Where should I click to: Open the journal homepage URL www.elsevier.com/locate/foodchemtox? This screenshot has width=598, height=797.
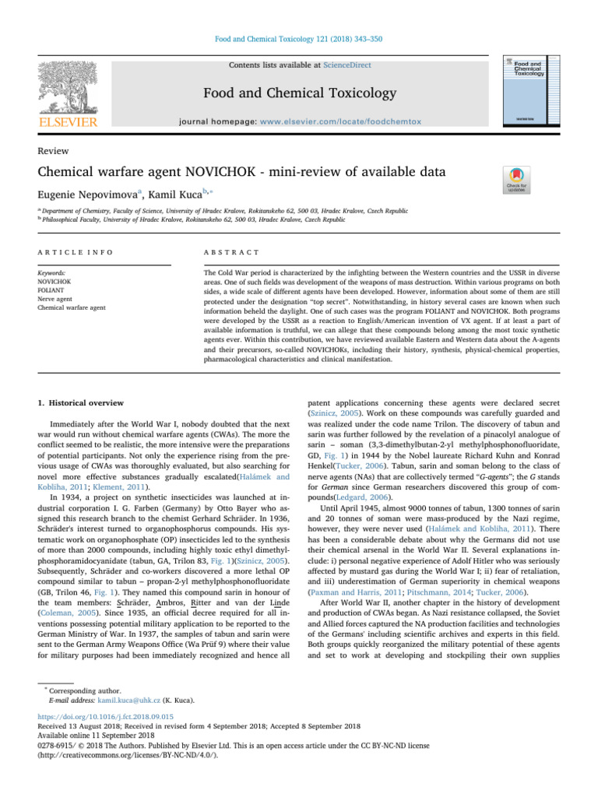point(346,123)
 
